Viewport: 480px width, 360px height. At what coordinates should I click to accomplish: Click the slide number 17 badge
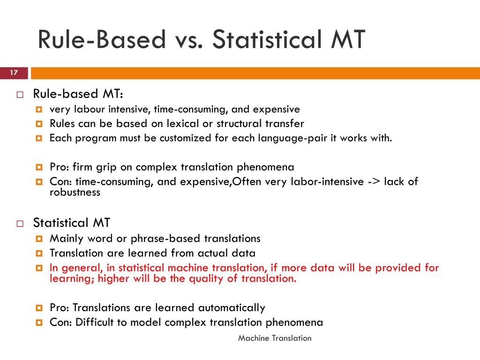point(14,73)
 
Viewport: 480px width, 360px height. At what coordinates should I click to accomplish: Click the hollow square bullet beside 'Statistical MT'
point(20,224)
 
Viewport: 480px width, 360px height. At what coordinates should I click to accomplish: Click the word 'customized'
point(185,138)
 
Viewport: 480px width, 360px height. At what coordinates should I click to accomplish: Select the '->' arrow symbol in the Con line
point(374,181)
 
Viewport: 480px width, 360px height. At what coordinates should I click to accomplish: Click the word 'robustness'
point(75,193)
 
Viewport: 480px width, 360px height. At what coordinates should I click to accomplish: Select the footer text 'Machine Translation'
point(275,338)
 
